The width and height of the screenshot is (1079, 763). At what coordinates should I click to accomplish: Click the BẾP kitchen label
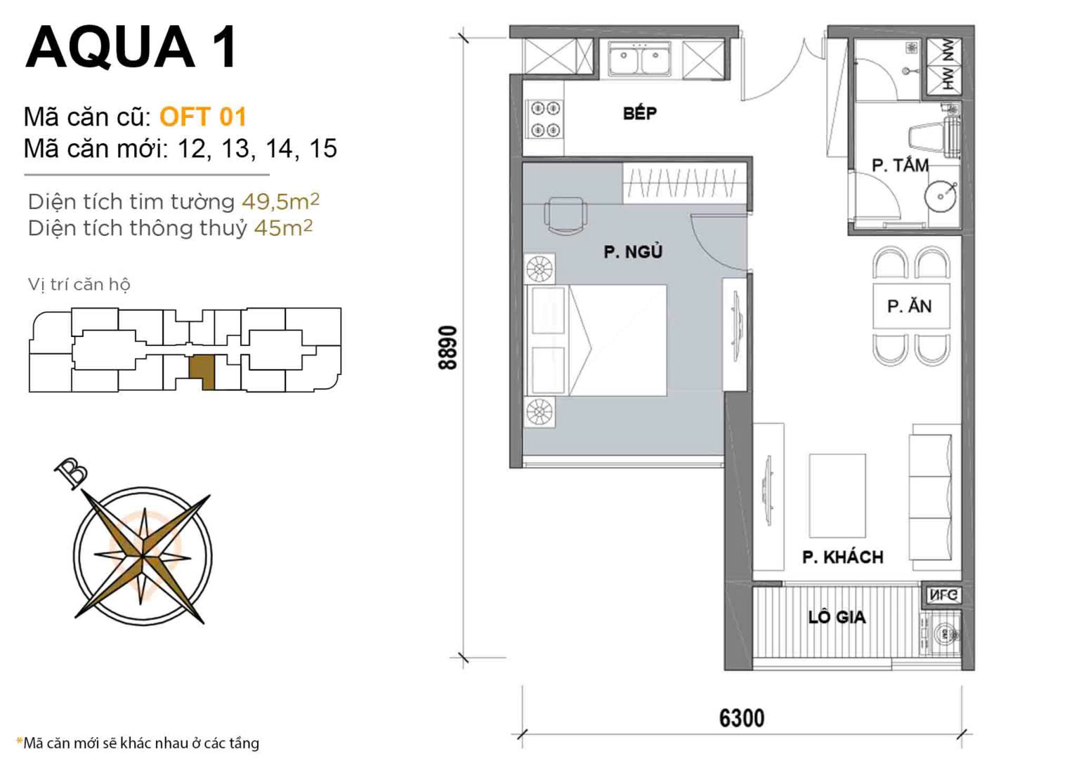(x=639, y=113)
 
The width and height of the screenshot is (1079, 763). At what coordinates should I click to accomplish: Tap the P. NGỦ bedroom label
(x=632, y=251)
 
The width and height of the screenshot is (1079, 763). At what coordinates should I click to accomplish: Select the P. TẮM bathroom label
(x=900, y=166)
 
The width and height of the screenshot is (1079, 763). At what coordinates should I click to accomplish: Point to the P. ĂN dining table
(x=910, y=306)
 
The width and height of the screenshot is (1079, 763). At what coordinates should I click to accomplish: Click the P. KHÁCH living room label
(x=842, y=557)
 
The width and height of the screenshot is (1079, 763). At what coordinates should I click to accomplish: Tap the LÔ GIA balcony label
(x=837, y=618)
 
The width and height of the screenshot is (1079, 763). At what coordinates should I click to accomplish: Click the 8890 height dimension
(x=447, y=347)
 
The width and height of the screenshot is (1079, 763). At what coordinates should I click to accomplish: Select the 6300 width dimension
(x=741, y=718)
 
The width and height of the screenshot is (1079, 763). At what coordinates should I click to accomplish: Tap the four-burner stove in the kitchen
(x=545, y=119)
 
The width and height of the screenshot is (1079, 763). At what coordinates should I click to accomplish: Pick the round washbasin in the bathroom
(x=941, y=195)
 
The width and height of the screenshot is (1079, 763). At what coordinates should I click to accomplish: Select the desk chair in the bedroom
(x=565, y=215)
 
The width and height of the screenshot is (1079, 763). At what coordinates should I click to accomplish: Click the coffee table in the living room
(x=837, y=496)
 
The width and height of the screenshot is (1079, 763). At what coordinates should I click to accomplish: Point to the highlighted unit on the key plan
(x=202, y=370)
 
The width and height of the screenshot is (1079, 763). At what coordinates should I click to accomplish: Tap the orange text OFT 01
(x=202, y=117)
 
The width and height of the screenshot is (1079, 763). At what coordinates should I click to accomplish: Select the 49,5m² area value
(x=280, y=201)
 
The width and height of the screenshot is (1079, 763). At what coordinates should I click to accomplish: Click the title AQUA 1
(x=131, y=47)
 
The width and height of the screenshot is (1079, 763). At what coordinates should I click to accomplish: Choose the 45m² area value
(x=283, y=228)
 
